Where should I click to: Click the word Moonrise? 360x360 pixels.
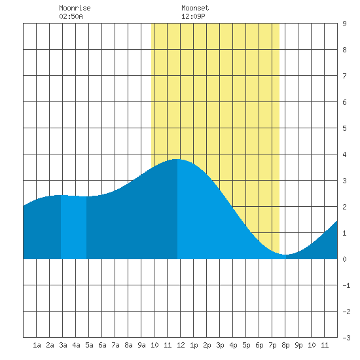(75, 8)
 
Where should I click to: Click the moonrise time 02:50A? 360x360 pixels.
(71, 16)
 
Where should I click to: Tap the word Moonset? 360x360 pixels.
(195, 8)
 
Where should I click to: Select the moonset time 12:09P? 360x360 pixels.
(193, 16)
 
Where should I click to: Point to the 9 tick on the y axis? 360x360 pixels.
(344, 24)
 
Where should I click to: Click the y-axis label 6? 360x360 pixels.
(344, 102)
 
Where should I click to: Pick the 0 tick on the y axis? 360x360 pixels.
(344, 259)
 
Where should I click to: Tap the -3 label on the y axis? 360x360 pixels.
(346, 338)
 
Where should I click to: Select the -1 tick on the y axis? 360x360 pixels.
(346, 285)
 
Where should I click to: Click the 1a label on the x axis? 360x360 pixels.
(37, 345)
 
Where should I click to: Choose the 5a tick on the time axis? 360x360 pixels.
(89, 345)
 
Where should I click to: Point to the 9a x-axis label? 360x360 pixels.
(141, 345)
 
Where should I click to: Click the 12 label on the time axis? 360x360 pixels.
(181, 345)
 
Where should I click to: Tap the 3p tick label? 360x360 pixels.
(220, 345)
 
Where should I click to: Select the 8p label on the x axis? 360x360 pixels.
(285, 345)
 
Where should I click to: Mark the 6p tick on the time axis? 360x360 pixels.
(259, 345)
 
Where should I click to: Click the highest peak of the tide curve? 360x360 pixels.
(177, 159)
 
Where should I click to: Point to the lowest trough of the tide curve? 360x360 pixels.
(285, 255)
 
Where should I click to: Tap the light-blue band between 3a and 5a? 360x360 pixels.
(74, 227)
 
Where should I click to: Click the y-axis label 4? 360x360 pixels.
(344, 154)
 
